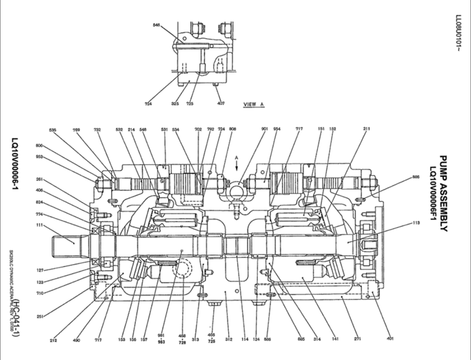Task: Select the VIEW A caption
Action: coord(254,105)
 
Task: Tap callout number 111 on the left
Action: coord(39,226)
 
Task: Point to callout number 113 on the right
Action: coord(417,223)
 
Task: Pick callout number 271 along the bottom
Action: coord(357,339)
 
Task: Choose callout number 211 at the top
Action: coord(366,129)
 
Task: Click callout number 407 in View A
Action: coord(221,103)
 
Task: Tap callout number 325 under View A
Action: coord(175,103)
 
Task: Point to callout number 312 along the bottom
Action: coord(228,339)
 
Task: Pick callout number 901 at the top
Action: coord(264,129)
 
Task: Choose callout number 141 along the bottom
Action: coord(335,339)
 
